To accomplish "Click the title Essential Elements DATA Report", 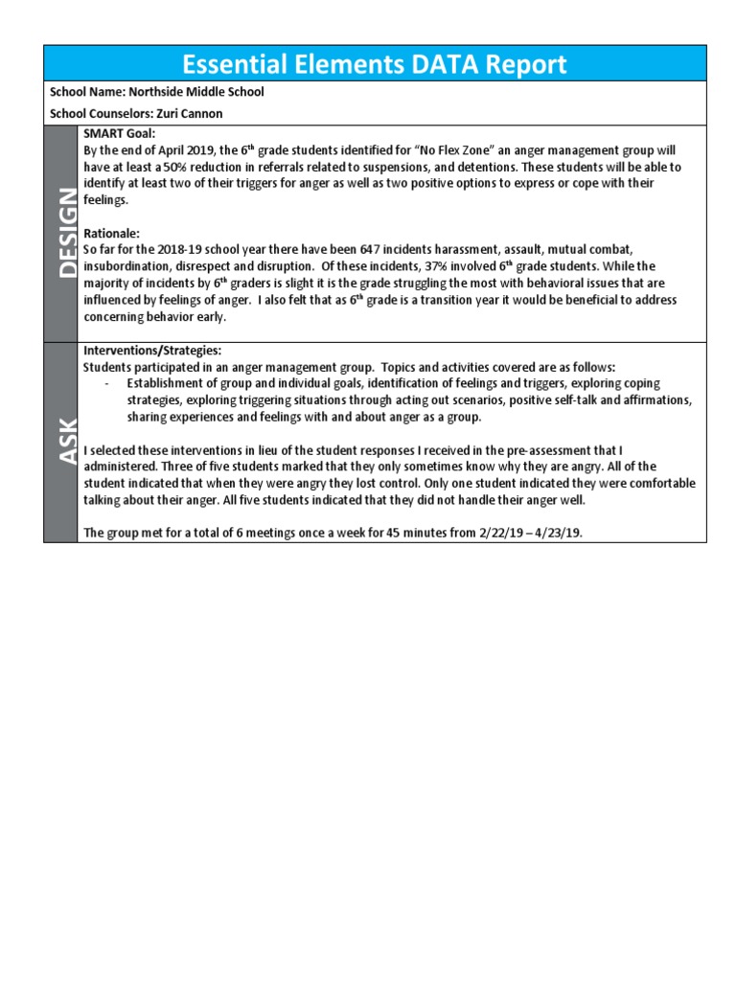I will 374,64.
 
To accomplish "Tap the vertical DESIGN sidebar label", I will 64,233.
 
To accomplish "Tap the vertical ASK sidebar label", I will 64,442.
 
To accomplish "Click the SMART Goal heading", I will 120,134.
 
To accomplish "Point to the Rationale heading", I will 111,233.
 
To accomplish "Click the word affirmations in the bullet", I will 658,400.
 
